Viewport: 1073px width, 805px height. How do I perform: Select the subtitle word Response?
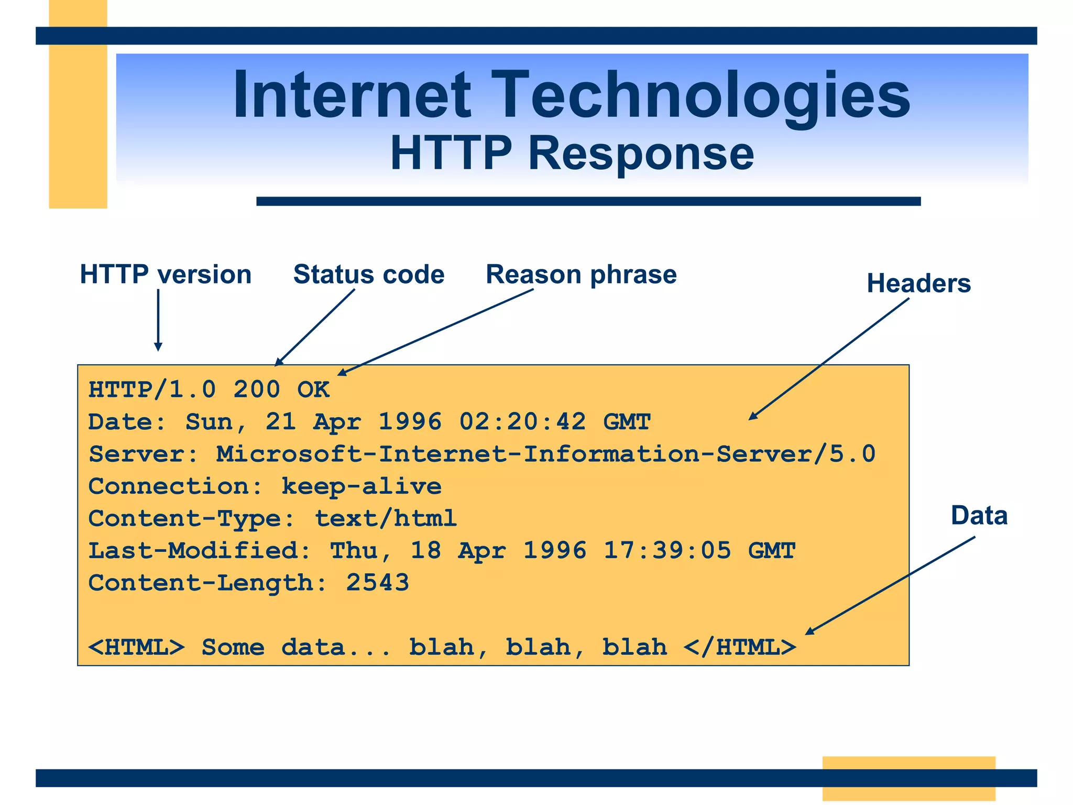point(640,153)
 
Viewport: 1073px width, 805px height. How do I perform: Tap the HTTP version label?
point(166,275)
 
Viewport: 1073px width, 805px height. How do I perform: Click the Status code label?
point(369,275)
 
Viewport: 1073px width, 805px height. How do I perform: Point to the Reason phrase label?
point(581,275)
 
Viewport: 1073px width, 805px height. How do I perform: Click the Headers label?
point(918,284)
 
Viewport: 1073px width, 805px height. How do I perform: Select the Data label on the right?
point(979,516)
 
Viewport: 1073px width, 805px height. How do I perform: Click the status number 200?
point(257,389)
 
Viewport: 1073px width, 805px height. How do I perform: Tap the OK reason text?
point(313,389)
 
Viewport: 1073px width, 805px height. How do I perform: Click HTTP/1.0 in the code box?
point(152,389)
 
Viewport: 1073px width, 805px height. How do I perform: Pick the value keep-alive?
point(362,486)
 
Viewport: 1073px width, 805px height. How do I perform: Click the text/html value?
point(386,519)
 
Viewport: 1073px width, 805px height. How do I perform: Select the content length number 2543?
point(377,583)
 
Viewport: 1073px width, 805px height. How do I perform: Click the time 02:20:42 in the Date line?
point(522,422)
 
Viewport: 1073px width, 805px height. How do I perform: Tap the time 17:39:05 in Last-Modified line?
point(667,551)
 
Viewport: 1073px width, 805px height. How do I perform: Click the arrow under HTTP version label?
point(158,320)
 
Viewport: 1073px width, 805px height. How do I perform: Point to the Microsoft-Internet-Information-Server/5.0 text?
point(545,454)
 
